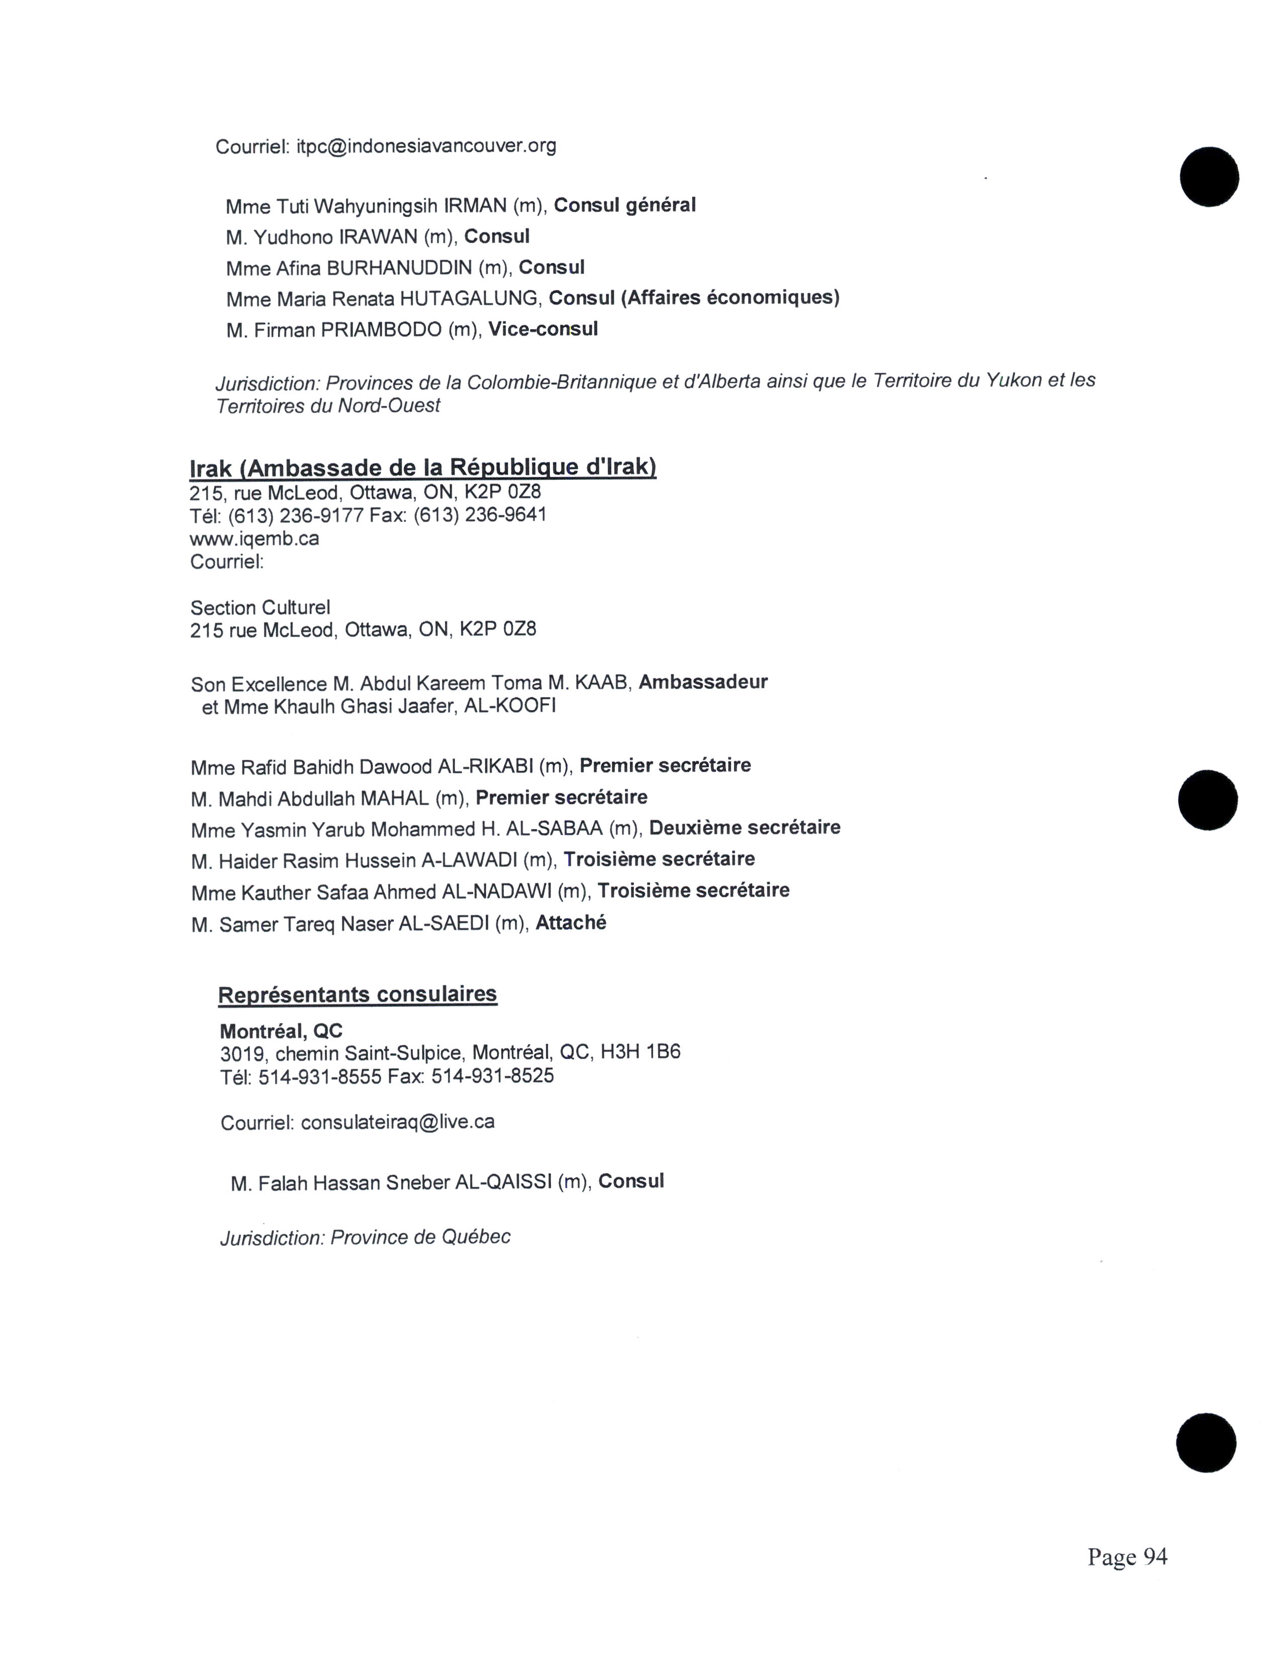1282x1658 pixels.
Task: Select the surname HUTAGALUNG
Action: coord(469,298)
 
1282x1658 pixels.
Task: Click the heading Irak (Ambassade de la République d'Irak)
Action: coord(422,466)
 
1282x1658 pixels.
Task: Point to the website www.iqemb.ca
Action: coord(254,539)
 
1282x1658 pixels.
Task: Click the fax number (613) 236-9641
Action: coord(480,515)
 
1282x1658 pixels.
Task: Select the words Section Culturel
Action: coord(260,607)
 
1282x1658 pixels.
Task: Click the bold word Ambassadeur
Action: coord(702,682)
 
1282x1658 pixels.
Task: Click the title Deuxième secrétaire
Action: coord(744,827)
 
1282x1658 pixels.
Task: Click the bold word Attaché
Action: coord(571,923)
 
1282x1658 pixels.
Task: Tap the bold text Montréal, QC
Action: coord(281,1031)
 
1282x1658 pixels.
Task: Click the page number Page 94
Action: coord(1127,1557)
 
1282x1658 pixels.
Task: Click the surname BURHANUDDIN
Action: coord(400,268)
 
